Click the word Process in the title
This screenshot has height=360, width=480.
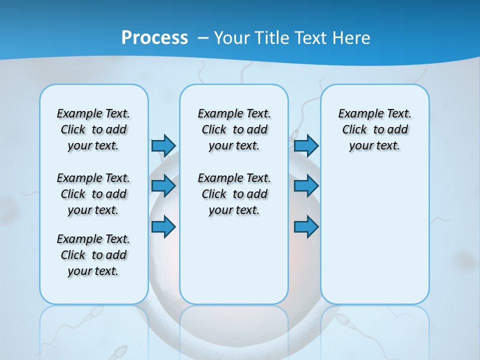(154, 37)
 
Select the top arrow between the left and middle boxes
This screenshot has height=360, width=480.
(163, 145)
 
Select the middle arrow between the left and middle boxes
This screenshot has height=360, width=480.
(163, 186)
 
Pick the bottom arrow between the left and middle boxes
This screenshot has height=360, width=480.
(163, 227)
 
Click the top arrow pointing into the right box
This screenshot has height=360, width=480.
(306, 145)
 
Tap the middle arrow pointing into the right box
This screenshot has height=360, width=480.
(306, 186)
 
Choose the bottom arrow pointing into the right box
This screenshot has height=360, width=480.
(306, 227)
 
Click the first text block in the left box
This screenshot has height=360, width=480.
(93, 129)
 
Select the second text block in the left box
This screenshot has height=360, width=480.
(93, 194)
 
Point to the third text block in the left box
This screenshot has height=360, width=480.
(93, 255)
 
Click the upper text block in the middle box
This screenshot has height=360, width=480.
(234, 129)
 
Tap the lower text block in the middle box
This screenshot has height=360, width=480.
(234, 194)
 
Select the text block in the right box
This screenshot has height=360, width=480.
(374, 129)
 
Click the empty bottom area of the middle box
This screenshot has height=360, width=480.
(234, 265)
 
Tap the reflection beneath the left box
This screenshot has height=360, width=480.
(93, 330)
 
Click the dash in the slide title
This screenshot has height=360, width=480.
(203, 37)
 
